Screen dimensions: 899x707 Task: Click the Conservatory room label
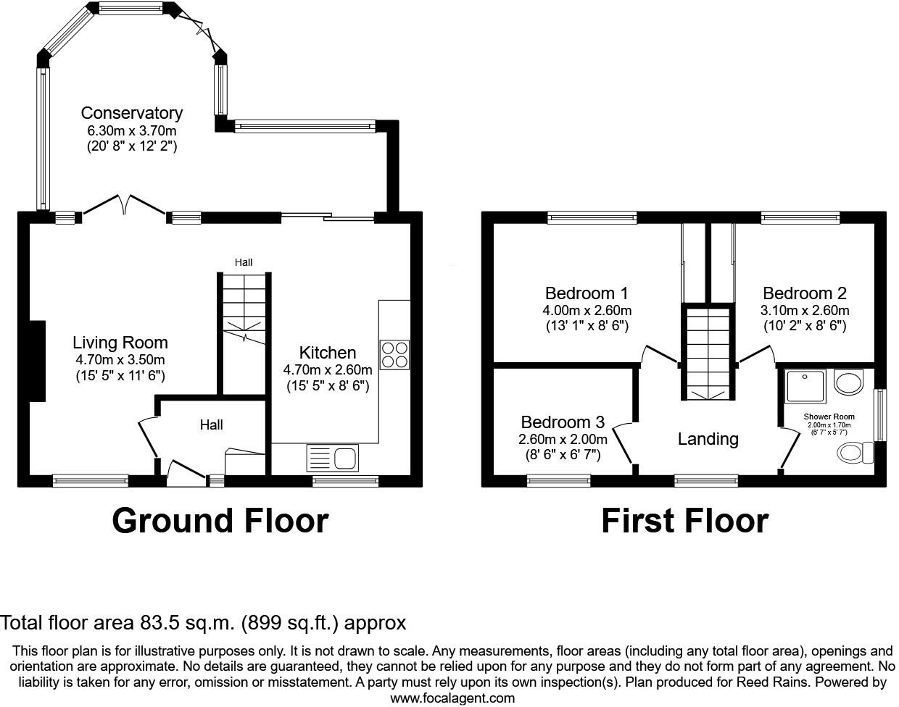click(x=132, y=113)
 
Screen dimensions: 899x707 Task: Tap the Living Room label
click(x=120, y=343)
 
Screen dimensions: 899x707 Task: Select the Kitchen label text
click(x=328, y=353)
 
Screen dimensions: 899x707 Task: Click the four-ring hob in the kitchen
click(x=395, y=355)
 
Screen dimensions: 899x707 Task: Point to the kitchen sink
click(x=333, y=457)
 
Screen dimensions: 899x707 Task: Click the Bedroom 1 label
click(x=587, y=293)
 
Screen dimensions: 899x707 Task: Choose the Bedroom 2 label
click(x=805, y=293)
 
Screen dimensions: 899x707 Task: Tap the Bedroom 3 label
click(x=563, y=422)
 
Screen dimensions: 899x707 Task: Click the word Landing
click(x=708, y=439)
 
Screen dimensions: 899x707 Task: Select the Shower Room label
click(x=829, y=417)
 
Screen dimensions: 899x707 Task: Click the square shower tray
click(x=805, y=387)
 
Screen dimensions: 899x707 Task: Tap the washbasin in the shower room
click(x=848, y=382)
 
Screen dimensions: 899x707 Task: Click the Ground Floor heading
click(x=220, y=521)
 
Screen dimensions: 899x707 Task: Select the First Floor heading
click(x=684, y=521)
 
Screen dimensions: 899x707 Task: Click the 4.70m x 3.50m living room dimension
click(x=120, y=360)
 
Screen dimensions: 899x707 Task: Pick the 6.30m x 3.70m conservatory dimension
click(x=132, y=130)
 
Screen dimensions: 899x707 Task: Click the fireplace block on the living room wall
click(x=37, y=361)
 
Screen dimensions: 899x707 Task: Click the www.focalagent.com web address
click(x=452, y=698)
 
